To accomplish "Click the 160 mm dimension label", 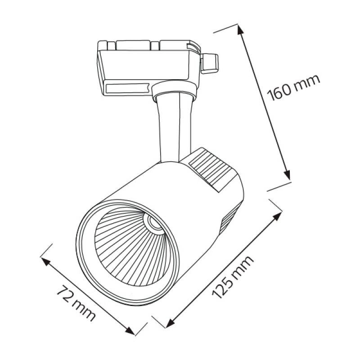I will (293, 87).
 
